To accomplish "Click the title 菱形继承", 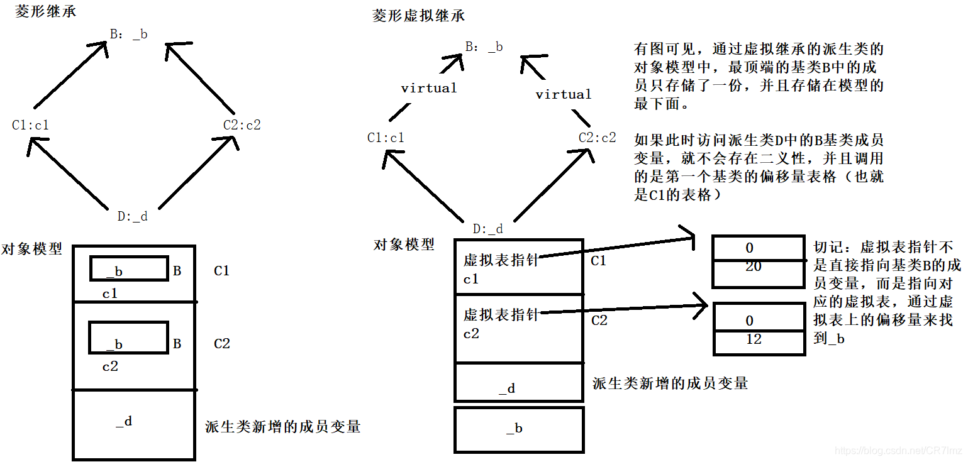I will (x=45, y=11).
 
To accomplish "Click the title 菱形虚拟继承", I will (x=418, y=16).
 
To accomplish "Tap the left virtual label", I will (x=429, y=88).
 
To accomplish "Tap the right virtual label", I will (x=563, y=94).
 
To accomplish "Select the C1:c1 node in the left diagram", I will (x=30, y=125).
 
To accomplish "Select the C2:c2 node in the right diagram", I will (x=597, y=138).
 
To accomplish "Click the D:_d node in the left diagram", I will (x=132, y=216).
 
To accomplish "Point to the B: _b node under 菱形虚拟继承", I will (x=484, y=47).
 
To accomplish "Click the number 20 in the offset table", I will (x=753, y=267).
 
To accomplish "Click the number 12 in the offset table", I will (x=753, y=339).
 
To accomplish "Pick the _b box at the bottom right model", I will (x=519, y=429).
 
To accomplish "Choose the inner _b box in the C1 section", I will (x=129, y=268).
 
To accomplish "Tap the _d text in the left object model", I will (x=124, y=421).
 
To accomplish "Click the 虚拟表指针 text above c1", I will (x=500, y=260).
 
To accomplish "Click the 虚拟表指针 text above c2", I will (x=500, y=314).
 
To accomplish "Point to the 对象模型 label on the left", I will (x=32, y=248).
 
